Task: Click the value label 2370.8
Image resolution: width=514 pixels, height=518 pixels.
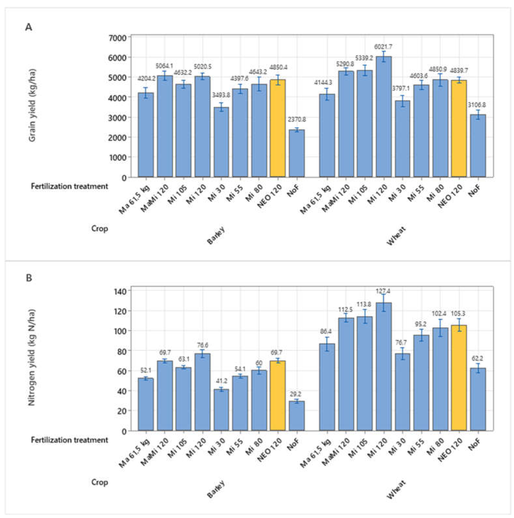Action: click(297, 120)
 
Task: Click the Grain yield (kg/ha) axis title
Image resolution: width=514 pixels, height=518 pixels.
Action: click(32, 105)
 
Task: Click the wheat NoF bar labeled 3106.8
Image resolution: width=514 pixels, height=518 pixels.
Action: click(478, 146)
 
